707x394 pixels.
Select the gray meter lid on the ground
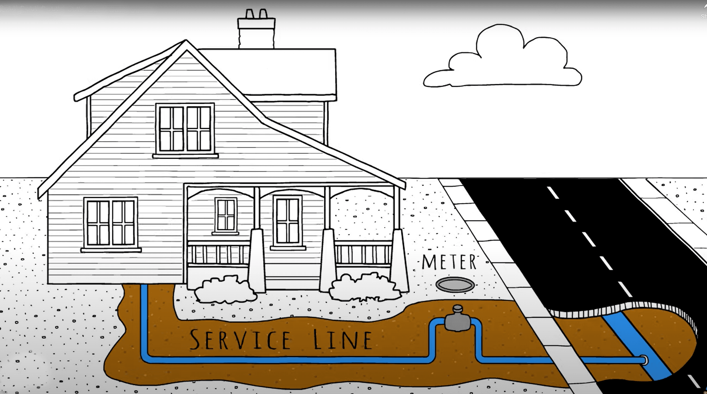pyautogui.click(x=455, y=284)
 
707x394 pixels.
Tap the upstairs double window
pyautogui.click(x=185, y=129)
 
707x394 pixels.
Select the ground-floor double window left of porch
pyautogui.click(x=111, y=223)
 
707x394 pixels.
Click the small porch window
pyautogui.click(x=226, y=215)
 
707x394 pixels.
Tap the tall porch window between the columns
pyautogui.click(x=288, y=221)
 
